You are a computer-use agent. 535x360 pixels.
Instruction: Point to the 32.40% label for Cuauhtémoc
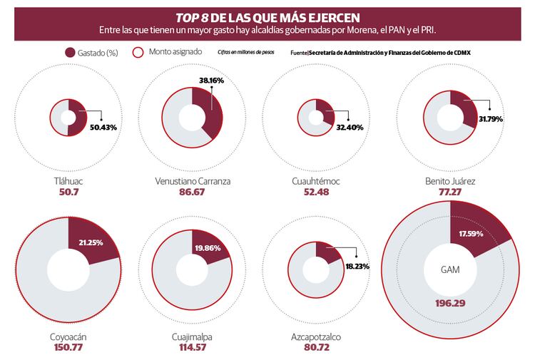[x=350, y=127]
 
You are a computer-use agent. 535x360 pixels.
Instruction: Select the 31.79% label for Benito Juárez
[x=489, y=119]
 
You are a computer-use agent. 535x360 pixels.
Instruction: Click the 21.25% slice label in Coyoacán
[x=85, y=242]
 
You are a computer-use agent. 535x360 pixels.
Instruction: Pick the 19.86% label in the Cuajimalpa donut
[x=208, y=249]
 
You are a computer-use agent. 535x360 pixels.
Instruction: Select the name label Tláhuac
[x=68, y=182]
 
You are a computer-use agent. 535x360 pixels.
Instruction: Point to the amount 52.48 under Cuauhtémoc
[x=316, y=193]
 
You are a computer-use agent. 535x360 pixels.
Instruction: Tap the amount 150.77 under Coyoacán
[x=68, y=347]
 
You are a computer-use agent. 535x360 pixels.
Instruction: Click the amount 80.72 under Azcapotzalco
[x=316, y=347]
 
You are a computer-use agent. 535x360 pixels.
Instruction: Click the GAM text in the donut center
[x=451, y=270]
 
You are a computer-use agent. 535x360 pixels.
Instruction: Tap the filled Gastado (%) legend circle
[x=70, y=52]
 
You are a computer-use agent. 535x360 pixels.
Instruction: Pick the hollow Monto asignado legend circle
[x=139, y=52]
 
